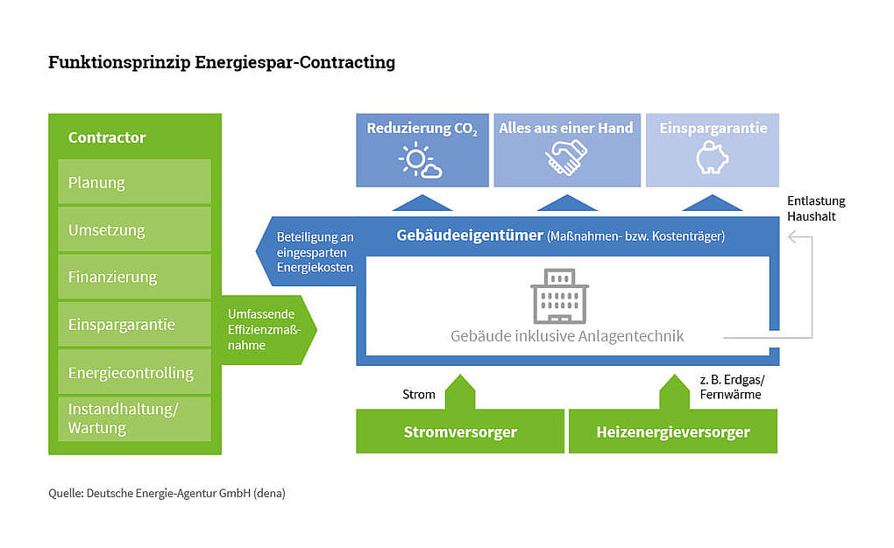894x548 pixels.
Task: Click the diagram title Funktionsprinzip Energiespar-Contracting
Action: (x=222, y=63)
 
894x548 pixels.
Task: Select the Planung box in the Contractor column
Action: (x=134, y=182)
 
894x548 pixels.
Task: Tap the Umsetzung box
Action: (x=134, y=229)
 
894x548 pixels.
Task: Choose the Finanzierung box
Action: (x=134, y=277)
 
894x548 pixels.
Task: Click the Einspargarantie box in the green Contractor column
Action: (x=134, y=324)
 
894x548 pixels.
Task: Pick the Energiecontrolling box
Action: (x=134, y=372)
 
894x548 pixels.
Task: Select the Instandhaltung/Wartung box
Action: (x=134, y=418)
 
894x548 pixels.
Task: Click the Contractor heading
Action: (x=107, y=137)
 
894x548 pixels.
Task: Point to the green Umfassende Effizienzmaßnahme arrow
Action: (x=266, y=329)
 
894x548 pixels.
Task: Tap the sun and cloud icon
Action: (x=421, y=159)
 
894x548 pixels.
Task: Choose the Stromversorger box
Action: (x=459, y=432)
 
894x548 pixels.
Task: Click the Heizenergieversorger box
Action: (x=672, y=432)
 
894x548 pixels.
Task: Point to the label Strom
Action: (x=418, y=394)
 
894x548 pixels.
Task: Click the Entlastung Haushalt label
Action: (x=816, y=207)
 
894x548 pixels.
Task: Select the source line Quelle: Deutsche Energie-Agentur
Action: (x=167, y=494)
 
